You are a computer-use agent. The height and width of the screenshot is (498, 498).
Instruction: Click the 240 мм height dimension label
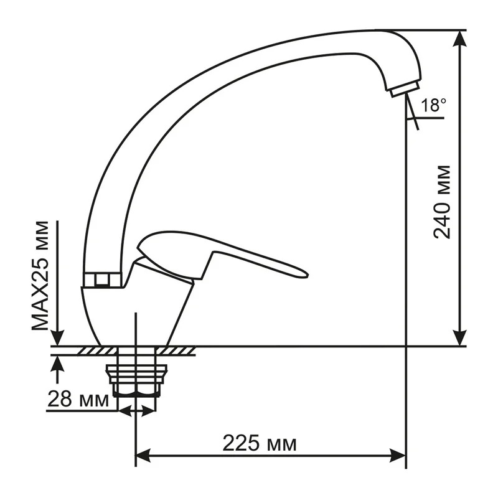(x=442, y=202)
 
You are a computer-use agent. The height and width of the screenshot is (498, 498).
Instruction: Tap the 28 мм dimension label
(x=78, y=398)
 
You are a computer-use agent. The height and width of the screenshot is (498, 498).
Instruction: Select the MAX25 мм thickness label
(x=40, y=276)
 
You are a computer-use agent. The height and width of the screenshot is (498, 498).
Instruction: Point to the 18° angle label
(x=434, y=105)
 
